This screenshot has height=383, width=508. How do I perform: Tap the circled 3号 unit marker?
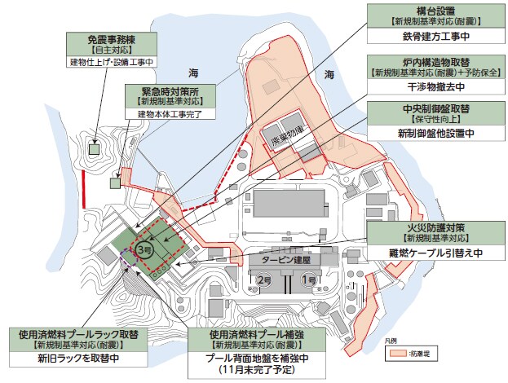144,249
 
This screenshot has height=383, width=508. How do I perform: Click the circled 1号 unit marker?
309,280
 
